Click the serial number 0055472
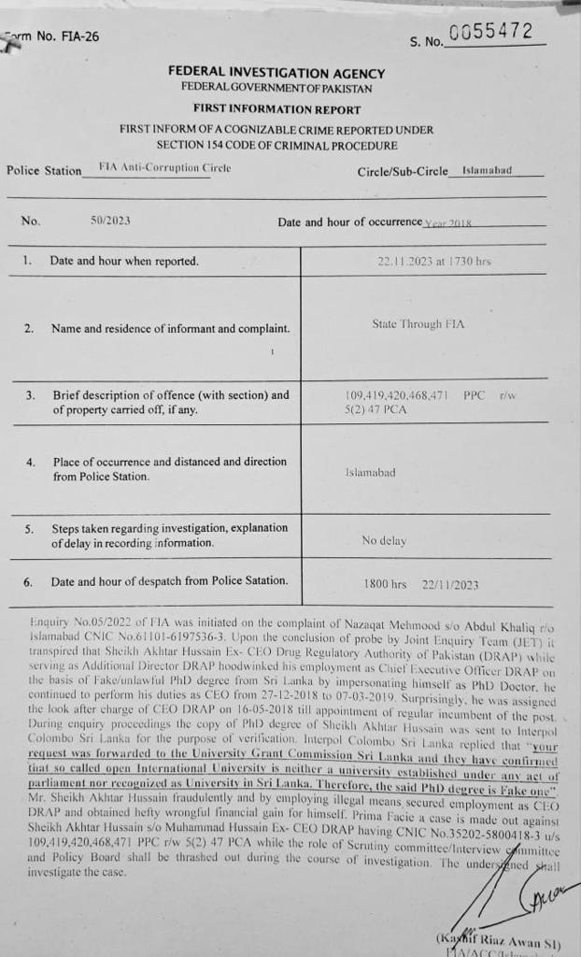[x=490, y=33]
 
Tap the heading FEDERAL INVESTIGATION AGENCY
[x=276, y=72]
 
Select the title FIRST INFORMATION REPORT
[x=276, y=109]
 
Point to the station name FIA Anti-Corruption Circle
[x=164, y=167]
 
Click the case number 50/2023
[x=110, y=221]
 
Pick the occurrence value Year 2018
[x=449, y=222]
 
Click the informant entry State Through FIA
[x=418, y=324]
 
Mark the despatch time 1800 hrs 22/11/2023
[x=421, y=585]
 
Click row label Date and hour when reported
[x=124, y=262]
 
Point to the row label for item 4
[x=168, y=469]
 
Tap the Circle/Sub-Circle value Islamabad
[x=488, y=171]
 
